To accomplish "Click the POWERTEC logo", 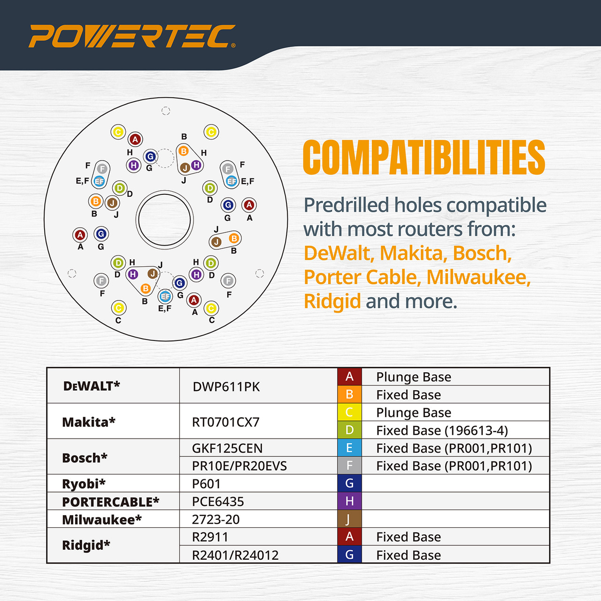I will point(131,36).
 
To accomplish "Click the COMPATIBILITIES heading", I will point(424,158).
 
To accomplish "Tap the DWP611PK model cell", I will point(226,386).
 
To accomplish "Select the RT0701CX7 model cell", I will point(225,422).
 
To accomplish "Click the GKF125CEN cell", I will point(227,448).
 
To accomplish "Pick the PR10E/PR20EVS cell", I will point(239,466).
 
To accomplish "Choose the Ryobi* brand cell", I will point(84,483).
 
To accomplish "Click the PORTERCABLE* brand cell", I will point(110,501).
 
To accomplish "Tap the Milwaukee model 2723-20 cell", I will point(216,519).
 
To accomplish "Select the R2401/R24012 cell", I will point(235,555).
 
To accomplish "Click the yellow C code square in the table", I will point(349,412).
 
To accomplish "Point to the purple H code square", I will point(349,501).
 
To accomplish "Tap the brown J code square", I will point(349,519).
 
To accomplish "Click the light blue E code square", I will point(349,448).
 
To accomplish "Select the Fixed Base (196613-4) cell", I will point(442,430).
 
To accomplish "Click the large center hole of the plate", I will point(165,219).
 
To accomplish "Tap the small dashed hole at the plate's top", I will point(166,111).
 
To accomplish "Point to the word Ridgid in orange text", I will point(332,301).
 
